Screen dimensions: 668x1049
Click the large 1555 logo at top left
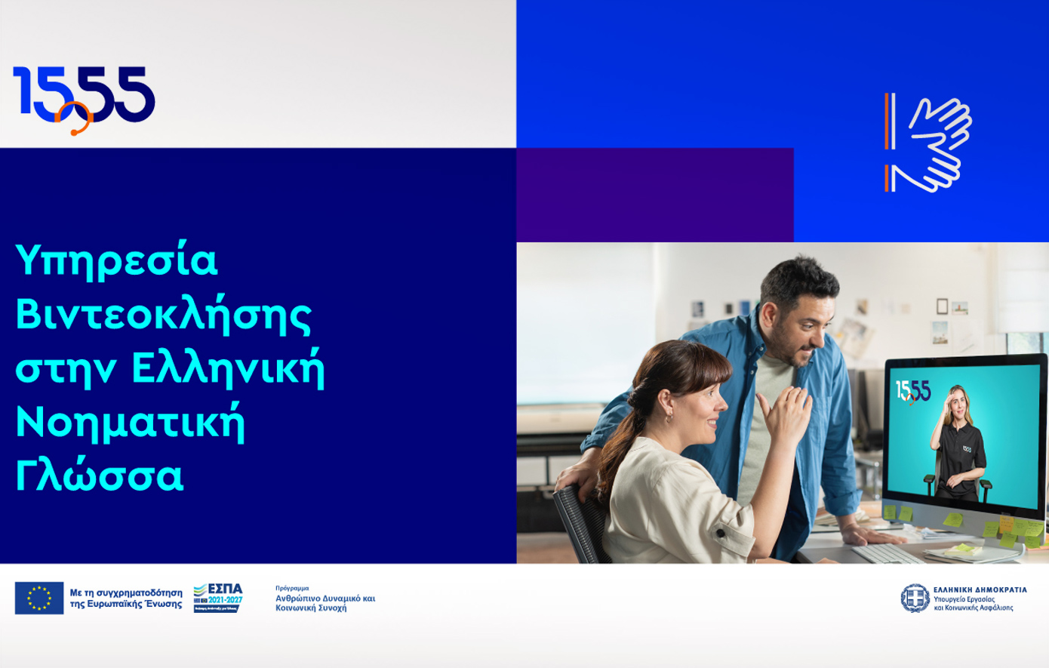tap(83, 97)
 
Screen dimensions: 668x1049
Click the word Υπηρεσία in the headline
tap(116, 261)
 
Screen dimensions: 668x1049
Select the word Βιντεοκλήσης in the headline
tap(163, 316)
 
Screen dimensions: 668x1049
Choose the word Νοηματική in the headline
tap(130, 423)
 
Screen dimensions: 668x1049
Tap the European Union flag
tap(39, 598)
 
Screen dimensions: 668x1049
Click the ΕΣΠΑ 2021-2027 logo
tap(217, 597)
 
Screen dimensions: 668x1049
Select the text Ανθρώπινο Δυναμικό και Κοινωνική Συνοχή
tap(325, 602)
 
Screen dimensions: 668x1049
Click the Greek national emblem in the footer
tap(915, 598)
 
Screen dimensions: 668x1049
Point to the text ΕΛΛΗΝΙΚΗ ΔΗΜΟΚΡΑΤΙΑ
tap(980, 590)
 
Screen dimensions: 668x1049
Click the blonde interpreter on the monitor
tap(956, 445)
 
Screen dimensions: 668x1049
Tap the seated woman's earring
tap(669, 416)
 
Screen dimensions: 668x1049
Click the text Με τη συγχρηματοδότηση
tap(125, 593)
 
